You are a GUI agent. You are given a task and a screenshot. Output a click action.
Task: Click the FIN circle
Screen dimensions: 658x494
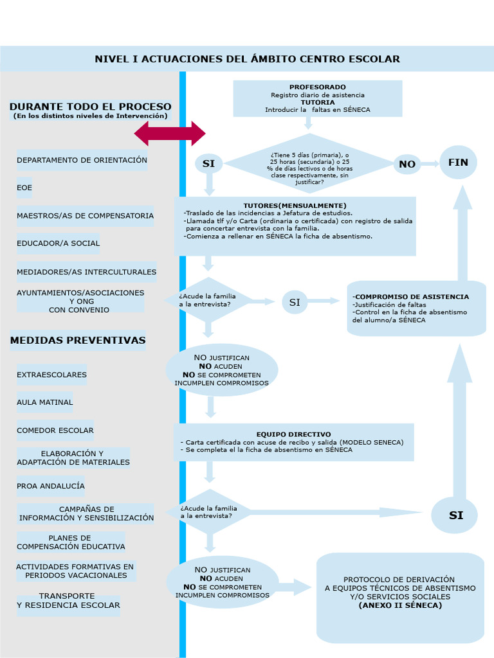[x=458, y=163]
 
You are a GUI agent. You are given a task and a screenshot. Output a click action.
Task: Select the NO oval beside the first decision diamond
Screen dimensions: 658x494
[x=407, y=164]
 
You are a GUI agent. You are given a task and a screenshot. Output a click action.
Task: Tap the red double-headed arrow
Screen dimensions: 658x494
[x=170, y=134]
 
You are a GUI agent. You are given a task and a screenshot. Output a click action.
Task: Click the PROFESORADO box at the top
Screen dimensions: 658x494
[x=317, y=98]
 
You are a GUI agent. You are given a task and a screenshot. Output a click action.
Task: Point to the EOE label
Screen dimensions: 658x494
[x=24, y=188]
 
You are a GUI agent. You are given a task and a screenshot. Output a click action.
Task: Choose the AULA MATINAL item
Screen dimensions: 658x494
[x=44, y=402]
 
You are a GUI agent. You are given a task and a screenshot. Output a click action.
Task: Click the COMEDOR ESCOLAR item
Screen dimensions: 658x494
[x=55, y=431]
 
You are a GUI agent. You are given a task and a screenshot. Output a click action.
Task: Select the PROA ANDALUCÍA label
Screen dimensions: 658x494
[x=51, y=486]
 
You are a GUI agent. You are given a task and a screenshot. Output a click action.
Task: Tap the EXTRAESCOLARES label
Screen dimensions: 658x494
[x=51, y=375]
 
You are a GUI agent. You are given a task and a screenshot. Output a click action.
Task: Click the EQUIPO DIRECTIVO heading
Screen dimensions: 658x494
[x=293, y=434]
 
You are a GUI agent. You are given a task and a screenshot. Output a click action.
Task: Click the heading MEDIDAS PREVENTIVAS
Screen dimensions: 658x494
[x=78, y=341]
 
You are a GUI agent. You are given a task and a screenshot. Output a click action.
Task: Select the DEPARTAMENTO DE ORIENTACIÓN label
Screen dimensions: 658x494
[x=82, y=160]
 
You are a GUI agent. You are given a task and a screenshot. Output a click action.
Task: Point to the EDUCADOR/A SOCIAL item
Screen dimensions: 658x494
[x=58, y=244]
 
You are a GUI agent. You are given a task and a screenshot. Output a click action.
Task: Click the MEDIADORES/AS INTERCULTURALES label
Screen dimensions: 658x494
[x=86, y=272]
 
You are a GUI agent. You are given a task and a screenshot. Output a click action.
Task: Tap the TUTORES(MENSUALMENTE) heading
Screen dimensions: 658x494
[x=295, y=206]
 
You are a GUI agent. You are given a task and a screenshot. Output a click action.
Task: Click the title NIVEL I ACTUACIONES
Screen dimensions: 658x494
[x=247, y=59]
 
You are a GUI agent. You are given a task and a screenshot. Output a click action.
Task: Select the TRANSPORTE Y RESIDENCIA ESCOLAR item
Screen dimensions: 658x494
[x=68, y=601]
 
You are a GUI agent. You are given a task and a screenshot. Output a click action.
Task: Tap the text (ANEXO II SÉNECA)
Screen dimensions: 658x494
[x=400, y=605]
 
